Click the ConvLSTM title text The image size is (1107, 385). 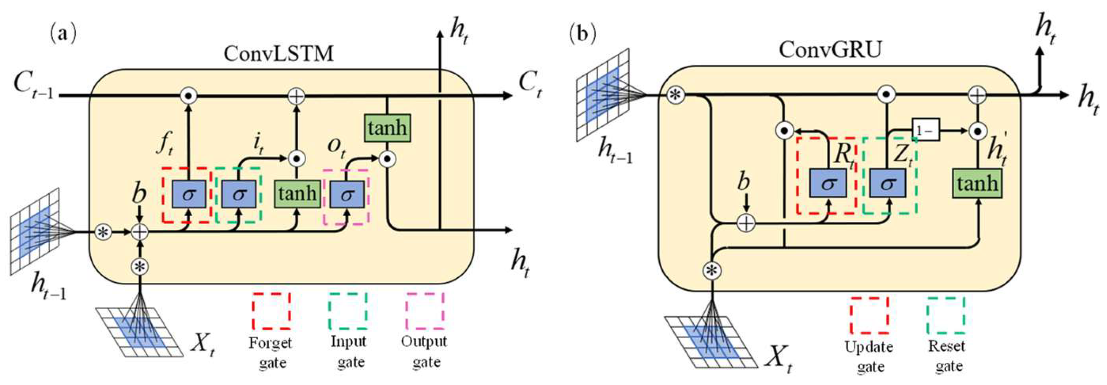pyautogui.click(x=279, y=54)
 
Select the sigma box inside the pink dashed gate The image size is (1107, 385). pyautogui.click(x=347, y=195)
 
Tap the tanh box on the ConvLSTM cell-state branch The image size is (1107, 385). pyautogui.click(x=387, y=128)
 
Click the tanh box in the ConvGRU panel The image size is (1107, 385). pyautogui.click(x=977, y=183)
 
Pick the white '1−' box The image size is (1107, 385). pyautogui.click(x=926, y=130)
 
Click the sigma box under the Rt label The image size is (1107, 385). pyautogui.click(x=828, y=183)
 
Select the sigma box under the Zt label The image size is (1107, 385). pyautogui.click(x=888, y=183)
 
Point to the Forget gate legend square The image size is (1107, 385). pyautogui.click(x=271, y=311)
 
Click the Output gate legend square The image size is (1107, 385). pyautogui.click(x=425, y=311)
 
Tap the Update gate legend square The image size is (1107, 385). pyautogui.click(x=869, y=315)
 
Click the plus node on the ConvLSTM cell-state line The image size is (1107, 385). pyautogui.click(x=296, y=96)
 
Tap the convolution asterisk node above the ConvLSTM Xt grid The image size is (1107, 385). pyautogui.click(x=140, y=266)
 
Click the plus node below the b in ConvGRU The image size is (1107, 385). pyautogui.click(x=746, y=223)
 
